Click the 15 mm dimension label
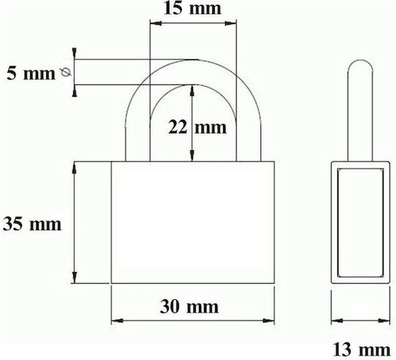point(192,8)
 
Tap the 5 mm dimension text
point(31,73)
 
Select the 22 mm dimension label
point(197,127)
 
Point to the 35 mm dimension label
point(32,224)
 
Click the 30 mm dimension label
point(189,306)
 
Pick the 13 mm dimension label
point(362,350)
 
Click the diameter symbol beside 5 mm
point(66,73)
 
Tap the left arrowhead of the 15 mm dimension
point(155,23)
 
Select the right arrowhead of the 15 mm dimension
point(230,23)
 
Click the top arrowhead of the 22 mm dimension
point(192,91)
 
